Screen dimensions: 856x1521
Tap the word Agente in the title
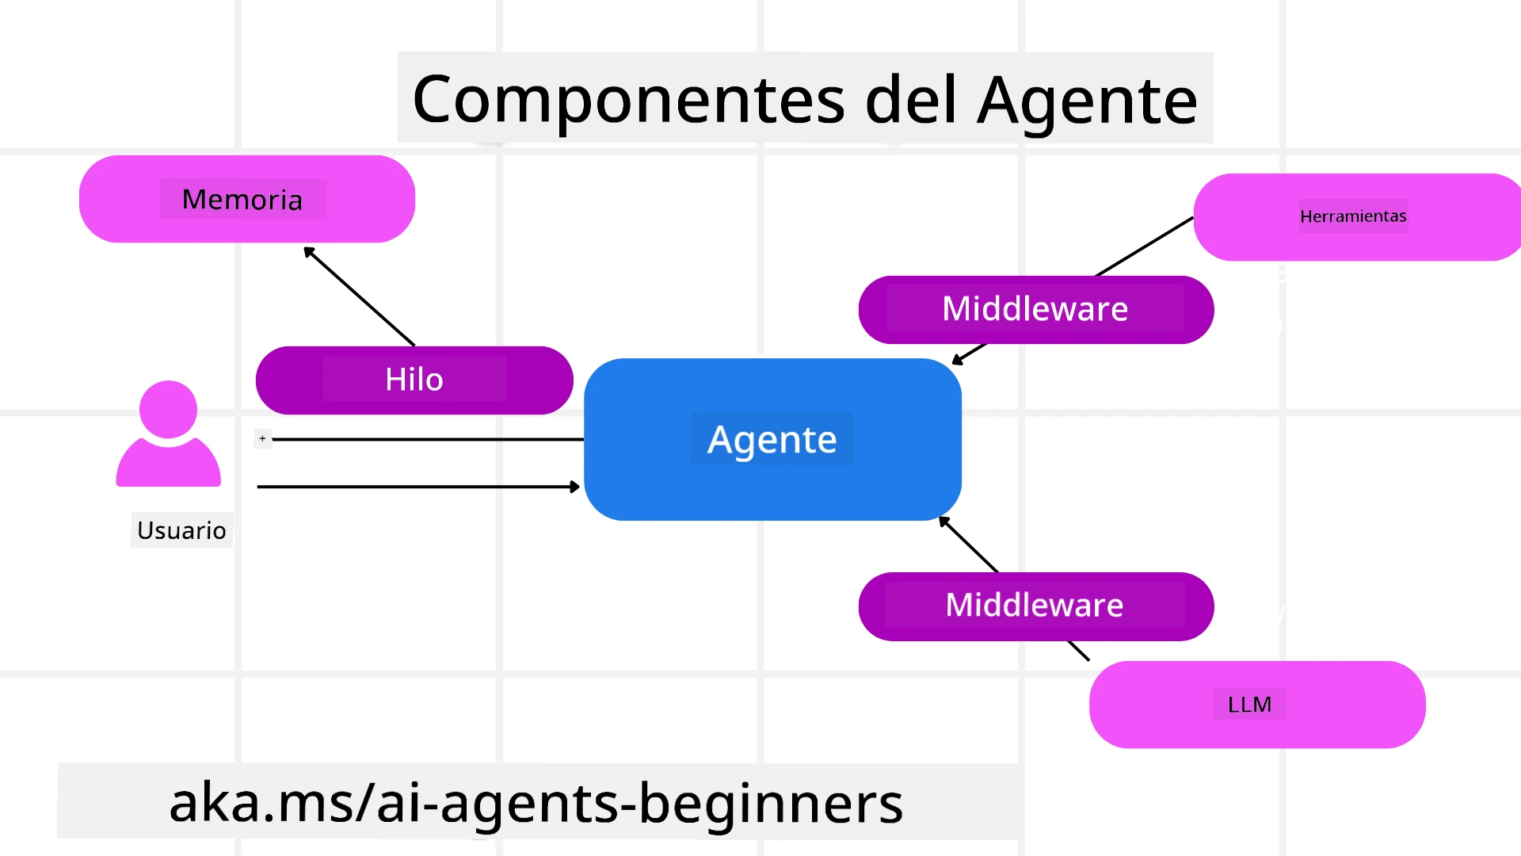click(x=1087, y=101)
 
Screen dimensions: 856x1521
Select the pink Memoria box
click(x=246, y=199)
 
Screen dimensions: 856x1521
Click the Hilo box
click(x=414, y=380)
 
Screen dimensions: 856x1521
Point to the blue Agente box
click(x=772, y=440)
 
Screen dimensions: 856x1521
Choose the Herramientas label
click(x=1353, y=216)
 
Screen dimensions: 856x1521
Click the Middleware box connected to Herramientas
click(x=1035, y=309)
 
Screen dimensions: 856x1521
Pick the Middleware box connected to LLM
click(x=1035, y=606)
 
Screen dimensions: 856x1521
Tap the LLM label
click(x=1249, y=705)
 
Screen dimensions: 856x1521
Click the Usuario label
click(x=181, y=530)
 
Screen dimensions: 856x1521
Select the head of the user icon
click(x=168, y=409)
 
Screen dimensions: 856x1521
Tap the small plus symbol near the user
click(x=263, y=438)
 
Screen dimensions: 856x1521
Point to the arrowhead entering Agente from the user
click(x=574, y=487)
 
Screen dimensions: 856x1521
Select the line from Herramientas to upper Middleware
click(x=1145, y=246)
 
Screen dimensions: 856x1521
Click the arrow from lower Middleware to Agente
click(x=969, y=545)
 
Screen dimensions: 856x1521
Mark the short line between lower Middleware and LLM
click(x=1078, y=650)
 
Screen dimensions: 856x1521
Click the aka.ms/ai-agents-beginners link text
click(x=536, y=802)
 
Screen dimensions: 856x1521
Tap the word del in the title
click(x=911, y=101)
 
